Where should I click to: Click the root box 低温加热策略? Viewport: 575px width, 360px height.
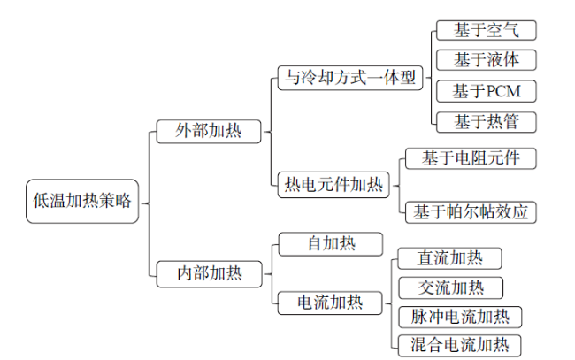click(x=82, y=201)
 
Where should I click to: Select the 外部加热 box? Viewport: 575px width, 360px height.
click(x=209, y=131)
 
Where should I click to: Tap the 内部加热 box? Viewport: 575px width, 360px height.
click(x=209, y=274)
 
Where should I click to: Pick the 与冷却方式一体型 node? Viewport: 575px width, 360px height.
click(x=350, y=78)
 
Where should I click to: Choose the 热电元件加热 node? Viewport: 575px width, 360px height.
click(x=333, y=185)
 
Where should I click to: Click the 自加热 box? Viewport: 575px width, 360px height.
click(x=331, y=244)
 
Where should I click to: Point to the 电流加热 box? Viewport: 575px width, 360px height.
click(x=330, y=303)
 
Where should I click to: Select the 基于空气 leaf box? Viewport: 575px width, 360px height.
click(x=487, y=30)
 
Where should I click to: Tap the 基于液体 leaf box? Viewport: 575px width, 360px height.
click(x=487, y=60)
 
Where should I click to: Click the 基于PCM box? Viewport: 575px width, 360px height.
click(x=487, y=91)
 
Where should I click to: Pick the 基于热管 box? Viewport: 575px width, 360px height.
click(x=487, y=122)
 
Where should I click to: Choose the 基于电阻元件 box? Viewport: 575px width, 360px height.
click(x=471, y=158)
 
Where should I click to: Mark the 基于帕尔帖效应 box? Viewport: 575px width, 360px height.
click(x=471, y=212)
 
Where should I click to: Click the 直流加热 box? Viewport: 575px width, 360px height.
click(x=449, y=258)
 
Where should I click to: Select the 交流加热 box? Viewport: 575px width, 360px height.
click(x=450, y=287)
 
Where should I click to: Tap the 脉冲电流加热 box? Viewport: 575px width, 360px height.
click(x=460, y=318)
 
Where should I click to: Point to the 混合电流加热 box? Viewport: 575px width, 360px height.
click(x=459, y=345)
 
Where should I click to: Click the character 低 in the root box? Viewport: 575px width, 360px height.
click(x=41, y=201)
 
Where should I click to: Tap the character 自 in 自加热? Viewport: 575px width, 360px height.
click(x=315, y=244)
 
